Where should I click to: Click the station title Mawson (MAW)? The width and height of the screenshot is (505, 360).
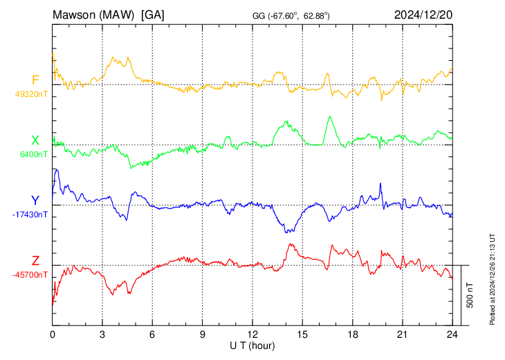(x=93, y=15)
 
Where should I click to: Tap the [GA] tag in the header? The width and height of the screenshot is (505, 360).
(x=152, y=15)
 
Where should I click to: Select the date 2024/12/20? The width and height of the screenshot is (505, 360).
(x=423, y=15)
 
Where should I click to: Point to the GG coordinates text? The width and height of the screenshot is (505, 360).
(x=291, y=16)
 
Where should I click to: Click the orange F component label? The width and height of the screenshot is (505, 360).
(x=35, y=80)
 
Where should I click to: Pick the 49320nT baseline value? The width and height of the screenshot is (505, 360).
(x=31, y=94)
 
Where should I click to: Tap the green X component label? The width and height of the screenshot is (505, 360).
(x=35, y=141)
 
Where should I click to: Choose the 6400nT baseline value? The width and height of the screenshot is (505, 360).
(x=33, y=154)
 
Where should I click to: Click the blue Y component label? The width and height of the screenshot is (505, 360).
(x=35, y=201)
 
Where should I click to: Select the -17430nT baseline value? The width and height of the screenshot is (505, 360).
(x=30, y=215)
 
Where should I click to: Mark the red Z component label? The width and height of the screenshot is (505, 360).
(x=35, y=260)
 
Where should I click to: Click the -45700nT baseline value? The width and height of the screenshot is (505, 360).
(x=30, y=275)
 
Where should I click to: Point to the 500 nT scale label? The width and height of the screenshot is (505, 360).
(x=470, y=295)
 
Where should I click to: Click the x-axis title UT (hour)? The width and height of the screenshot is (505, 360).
(x=252, y=346)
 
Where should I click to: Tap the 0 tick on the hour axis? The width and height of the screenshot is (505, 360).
(x=53, y=334)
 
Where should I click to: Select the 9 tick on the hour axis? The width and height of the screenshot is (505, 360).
(x=202, y=334)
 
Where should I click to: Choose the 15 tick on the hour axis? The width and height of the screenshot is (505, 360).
(x=302, y=334)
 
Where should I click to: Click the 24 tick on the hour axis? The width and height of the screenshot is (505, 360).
(x=452, y=334)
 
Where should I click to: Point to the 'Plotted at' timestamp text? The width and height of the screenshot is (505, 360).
(x=492, y=279)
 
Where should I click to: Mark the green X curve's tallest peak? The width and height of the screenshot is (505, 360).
(x=329, y=116)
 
